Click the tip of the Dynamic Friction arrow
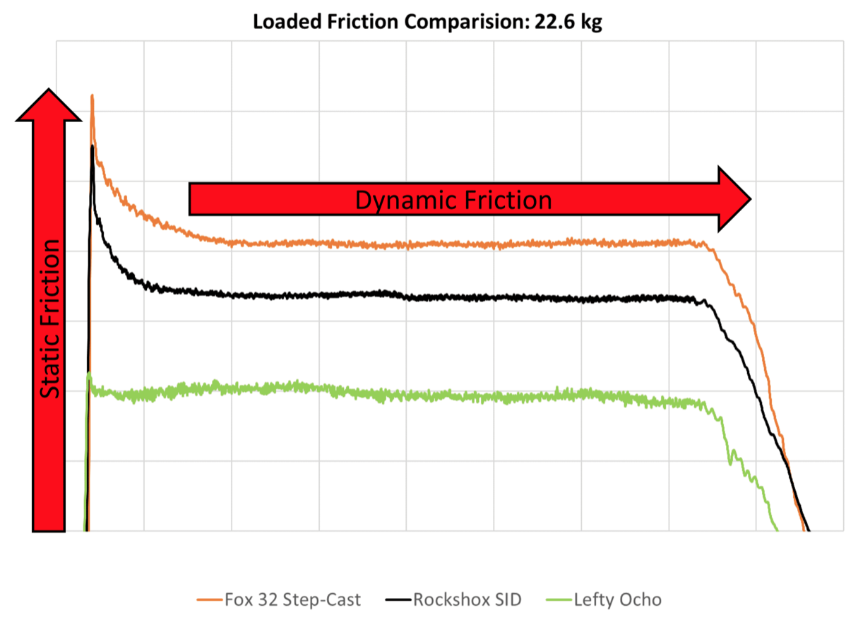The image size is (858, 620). pos(749,199)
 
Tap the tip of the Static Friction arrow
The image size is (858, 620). pos(49,91)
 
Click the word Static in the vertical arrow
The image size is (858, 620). pos(49,370)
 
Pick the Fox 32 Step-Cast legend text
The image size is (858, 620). pos(292,600)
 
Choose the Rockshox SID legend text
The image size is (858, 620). pos(467,600)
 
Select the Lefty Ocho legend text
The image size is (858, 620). pos(617,600)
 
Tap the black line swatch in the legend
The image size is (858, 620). pos(397,601)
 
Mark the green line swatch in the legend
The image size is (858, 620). pos(559,601)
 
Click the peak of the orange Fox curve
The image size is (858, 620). pos(92,95)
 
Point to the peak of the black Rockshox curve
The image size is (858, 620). pos(93,146)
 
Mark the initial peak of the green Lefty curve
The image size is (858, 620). pos(88,374)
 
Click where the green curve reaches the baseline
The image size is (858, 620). pos(777,529)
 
